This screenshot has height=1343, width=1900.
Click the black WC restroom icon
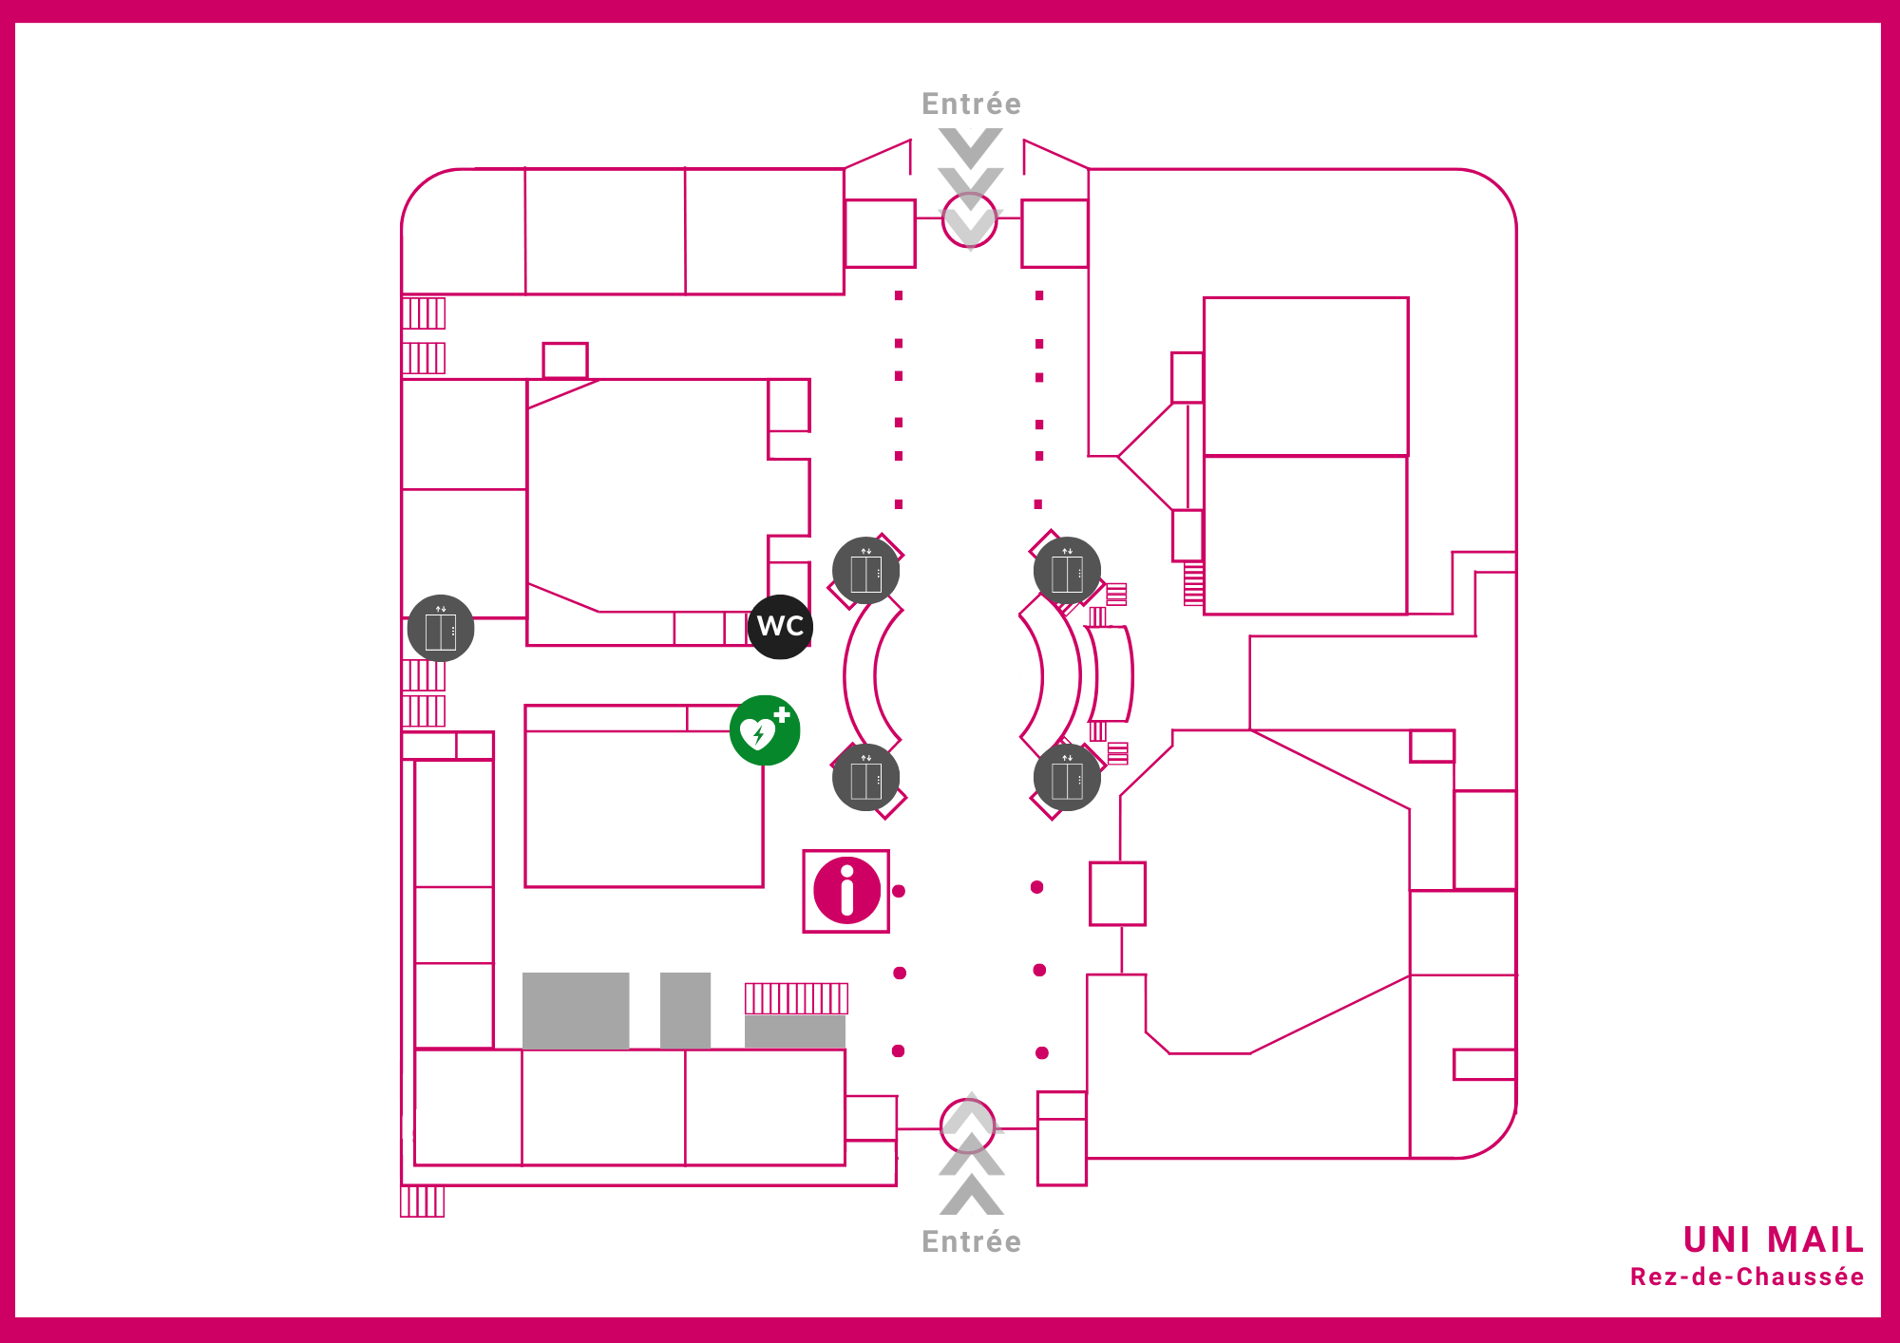pyautogui.click(x=780, y=627)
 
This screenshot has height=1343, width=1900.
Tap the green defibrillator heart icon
pyautogui.click(x=765, y=730)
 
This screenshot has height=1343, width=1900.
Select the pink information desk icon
pyautogui.click(x=846, y=891)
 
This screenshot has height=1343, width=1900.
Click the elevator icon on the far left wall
pyautogui.click(x=441, y=629)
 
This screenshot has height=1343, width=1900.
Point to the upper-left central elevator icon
pyautogui.click(x=865, y=571)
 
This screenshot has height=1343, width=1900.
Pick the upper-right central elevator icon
pyautogui.click(x=1067, y=571)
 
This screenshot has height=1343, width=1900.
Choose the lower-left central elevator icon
pyautogui.click(x=865, y=778)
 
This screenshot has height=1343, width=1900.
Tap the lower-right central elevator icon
pyautogui.click(x=1067, y=778)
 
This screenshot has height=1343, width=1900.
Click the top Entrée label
pyautogui.click(x=971, y=104)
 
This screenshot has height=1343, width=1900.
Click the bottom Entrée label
pyautogui.click(x=971, y=1241)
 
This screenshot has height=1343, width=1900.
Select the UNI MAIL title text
pyautogui.click(x=1773, y=1239)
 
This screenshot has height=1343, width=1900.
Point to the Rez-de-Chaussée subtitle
pyautogui.click(x=1746, y=1277)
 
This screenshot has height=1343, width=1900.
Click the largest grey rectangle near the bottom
pyautogui.click(x=576, y=1011)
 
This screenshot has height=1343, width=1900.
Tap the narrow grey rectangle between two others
pyautogui.click(x=685, y=1011)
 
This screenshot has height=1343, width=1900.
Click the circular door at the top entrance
pyautogui.click(x=970, y=220)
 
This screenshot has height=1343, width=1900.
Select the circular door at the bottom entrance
pyautogui.click(x=968, y=1125)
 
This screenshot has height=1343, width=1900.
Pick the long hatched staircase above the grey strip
pyautogui.click(x=796, y=998)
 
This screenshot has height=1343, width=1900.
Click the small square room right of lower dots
pyautogui.click(x=1117, y=893)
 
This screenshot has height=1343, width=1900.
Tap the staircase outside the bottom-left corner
pyautogui.click(x=423, y=1201)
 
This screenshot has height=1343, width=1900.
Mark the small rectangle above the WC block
pyautogui.click(x=565, y=360)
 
